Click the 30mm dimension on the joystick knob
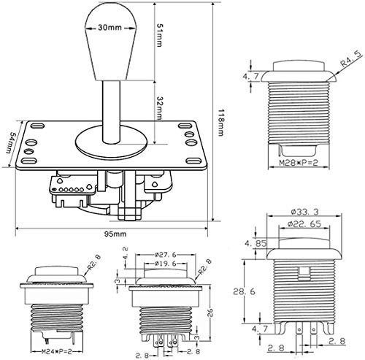[109, 28]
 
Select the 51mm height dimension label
[159, 35]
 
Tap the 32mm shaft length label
[159, 108]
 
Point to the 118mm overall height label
[220, 122]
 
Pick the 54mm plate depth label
[11, 143]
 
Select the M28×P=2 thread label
[299, 162]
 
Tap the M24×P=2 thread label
[56, 351]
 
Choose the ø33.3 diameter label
[304, 212]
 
